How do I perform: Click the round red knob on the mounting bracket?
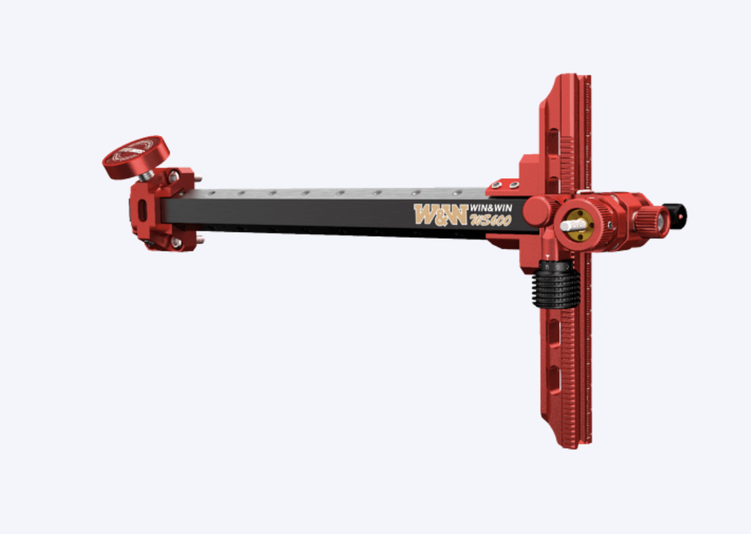136,156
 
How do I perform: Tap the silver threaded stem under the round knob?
147,176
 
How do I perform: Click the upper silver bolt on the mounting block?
174,177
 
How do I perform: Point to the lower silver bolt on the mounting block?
176,242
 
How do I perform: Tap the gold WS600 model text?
492,221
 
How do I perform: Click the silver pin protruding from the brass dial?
569,226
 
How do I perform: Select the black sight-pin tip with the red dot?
675,216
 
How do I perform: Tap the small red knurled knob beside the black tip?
651,221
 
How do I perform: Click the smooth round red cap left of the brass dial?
538,211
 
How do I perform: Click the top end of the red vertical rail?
569,78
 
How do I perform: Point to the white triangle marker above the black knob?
550,257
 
